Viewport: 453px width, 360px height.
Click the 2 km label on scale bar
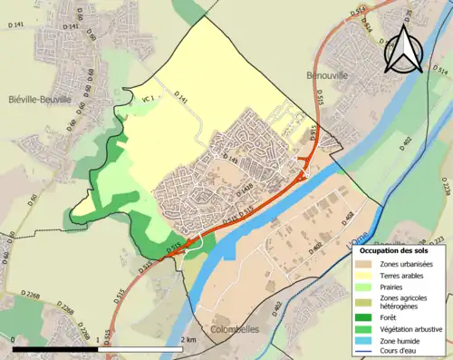[x=188, y=339]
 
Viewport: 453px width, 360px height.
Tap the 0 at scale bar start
[x=14, y=339]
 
